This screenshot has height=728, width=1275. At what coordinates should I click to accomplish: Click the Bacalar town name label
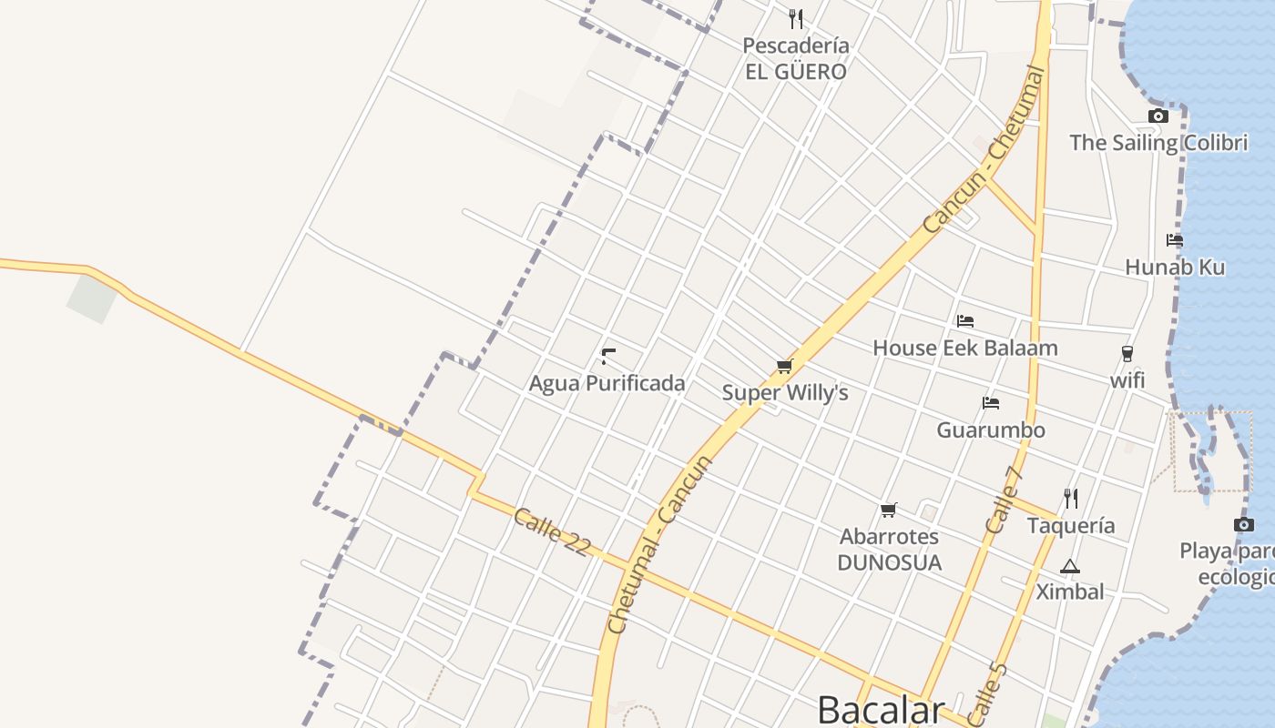click(x=881, y=709)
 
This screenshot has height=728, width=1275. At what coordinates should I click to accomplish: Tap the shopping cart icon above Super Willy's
click(x=784, y=366)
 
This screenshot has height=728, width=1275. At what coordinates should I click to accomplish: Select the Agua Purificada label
click(x=607, y=383)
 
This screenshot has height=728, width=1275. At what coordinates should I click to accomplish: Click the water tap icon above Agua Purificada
click(x=608, y=356)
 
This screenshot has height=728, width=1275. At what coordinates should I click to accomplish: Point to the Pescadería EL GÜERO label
click(x=796, y=58)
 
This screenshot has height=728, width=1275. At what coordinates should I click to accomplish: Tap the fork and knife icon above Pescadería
click(x=796, y=18)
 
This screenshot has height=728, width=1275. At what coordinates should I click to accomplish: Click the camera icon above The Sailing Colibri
click(x=1158, y=116)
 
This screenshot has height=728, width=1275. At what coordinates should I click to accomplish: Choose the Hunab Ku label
click(x=1175, y=268)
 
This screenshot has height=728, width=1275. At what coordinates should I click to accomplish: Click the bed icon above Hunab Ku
click(x=1175, y=240)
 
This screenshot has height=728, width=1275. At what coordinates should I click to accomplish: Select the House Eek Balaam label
click(x=965, y=348)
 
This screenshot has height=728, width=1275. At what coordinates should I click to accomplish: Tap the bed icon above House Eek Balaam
click(x=965, y=320)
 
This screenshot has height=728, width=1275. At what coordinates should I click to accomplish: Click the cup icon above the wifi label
click(x=1127, y=354)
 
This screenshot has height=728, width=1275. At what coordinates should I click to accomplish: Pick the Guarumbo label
click(x=991, y=430)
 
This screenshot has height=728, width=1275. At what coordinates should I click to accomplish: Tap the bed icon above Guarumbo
click(x=991, y=402)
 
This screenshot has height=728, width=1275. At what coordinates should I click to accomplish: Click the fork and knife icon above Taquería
click(x=1071, y=498)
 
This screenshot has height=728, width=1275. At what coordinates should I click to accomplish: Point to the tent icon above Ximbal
click(x=1070, y=566)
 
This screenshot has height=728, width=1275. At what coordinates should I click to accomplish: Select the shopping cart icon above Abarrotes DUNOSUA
click(x=889, y=510)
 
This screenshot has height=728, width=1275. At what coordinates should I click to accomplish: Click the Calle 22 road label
click(x=552, y=531)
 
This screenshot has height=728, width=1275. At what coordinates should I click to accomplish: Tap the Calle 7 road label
click(x=1005, y=499)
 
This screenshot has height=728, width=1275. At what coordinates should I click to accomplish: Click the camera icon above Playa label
click(x=1244, y=524)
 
